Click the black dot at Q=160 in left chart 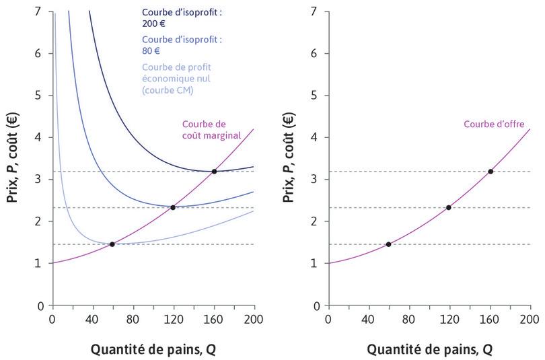pos(214,172)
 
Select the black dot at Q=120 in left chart pos(173,207)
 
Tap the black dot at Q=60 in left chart pos(112,244)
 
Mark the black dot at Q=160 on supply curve pos(490,172)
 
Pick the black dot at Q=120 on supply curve pos(449,207)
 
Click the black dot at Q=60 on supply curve pos(388,244)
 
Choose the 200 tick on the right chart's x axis pos(530,319)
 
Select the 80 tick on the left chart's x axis pos(133,319)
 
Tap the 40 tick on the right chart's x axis pos(368,319)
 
